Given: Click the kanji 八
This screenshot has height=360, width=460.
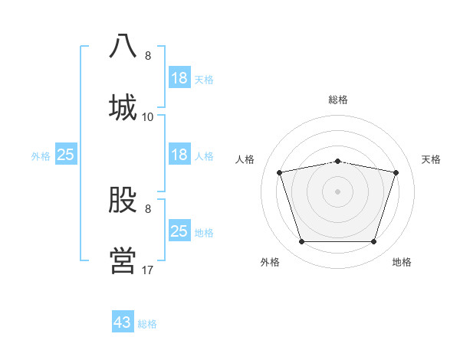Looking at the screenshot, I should [x=123, y=47].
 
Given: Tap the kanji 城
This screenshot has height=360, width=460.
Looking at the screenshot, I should [x=123, y=106].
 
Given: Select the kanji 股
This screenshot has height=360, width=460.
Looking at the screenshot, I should [x=123, y=201].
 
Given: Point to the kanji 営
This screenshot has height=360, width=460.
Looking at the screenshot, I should [x=123, y=260].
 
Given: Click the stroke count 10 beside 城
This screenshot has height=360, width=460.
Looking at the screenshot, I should [x=148, y=117].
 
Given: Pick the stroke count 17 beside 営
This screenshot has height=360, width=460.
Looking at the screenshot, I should [x=148, y=270].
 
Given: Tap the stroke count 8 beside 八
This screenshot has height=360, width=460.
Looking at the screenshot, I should [x=148, y=56].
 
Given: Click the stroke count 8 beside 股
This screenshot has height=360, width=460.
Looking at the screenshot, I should [x=148, y=209].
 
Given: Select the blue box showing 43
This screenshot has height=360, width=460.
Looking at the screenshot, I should [x=123, y=322].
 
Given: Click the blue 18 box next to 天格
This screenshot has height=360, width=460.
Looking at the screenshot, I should [x=179, y=78].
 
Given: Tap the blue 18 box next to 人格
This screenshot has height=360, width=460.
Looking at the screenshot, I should [x=179, y=155].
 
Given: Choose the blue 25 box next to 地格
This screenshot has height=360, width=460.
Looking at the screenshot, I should [x=179, y=231].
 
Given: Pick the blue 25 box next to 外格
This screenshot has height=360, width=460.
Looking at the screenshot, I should [x=66, y=155].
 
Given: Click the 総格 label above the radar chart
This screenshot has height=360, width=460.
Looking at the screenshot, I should [x=338, y=100].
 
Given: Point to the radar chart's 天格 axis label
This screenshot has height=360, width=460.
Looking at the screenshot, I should [x=432, y=159].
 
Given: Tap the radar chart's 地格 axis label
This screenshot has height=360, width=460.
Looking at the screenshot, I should [x=402, y=262].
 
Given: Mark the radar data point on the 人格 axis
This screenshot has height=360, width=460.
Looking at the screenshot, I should [x=280, y=172].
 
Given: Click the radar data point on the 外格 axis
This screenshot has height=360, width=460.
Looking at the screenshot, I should [x=302, y=242].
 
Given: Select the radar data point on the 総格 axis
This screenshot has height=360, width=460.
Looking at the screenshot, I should [x=338, y=161].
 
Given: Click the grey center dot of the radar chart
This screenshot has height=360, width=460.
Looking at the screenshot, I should [x=338, y=191].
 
